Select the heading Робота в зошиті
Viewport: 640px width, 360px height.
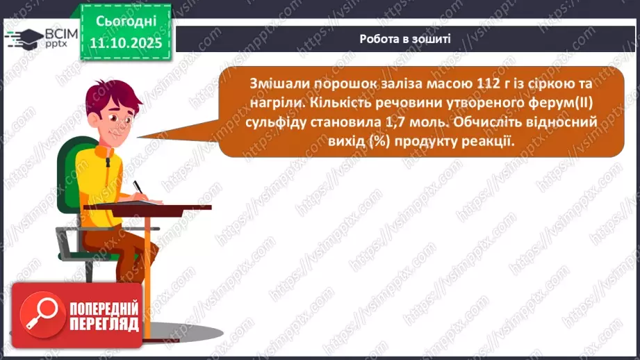tap(405, 39)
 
